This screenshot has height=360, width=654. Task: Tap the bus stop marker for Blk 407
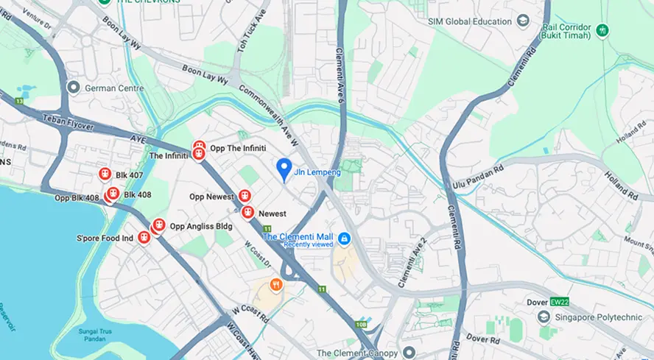point(105,174)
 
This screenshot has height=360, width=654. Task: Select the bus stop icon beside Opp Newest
point(245,197)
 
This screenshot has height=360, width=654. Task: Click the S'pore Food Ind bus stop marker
point(144,238)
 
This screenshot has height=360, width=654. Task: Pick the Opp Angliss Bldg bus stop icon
point(158,226)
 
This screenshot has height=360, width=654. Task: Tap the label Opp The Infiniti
point(238,148)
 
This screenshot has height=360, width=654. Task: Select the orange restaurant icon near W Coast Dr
point(275,284)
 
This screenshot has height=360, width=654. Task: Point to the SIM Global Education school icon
point(524,21)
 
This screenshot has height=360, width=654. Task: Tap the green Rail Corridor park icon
point(603,30)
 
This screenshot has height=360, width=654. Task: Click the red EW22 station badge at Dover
point(560,302)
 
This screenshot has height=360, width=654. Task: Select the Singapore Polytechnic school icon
point(544,317)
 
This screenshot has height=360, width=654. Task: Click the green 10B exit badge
point(359,324)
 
